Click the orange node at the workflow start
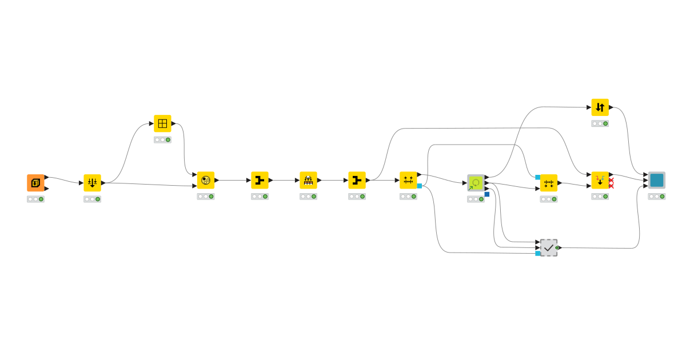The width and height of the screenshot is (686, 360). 35,183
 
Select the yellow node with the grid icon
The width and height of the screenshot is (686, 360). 162,123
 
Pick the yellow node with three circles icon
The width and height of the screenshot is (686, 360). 206,180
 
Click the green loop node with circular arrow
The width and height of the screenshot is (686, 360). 476,183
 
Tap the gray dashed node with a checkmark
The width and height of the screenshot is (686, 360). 549,247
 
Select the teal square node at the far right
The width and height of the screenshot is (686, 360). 657,180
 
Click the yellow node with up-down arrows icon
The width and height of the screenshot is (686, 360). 600,107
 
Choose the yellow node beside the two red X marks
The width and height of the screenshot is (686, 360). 600,180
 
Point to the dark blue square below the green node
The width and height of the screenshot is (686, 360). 487,194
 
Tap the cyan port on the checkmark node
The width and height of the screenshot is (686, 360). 538,253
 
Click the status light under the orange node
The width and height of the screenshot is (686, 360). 35,199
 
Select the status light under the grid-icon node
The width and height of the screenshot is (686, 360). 162,139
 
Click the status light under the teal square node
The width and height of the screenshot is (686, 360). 657,196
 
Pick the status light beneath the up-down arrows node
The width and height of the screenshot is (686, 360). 600,123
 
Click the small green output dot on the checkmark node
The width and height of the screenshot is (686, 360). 557,247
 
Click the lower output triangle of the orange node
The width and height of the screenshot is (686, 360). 46,189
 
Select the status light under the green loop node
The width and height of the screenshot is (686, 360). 476,199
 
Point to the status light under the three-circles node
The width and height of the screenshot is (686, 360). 206,196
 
